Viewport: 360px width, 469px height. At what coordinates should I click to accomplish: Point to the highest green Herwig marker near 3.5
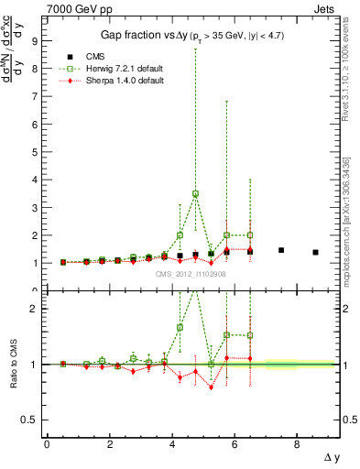pos(196,193)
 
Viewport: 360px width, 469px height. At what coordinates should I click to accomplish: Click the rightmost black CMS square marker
pos(315,252)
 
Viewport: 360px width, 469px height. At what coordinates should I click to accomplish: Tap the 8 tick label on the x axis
pos(297,445)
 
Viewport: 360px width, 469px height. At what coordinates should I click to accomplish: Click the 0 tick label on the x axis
pos(47,445)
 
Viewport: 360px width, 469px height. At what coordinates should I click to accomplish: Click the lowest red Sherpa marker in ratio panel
pos(212,387)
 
